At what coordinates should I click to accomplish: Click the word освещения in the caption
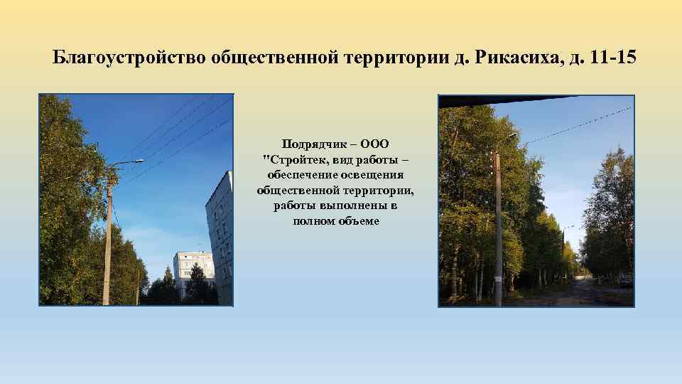pyautogui.click(x=370, y=176)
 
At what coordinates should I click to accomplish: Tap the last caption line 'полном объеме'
pyautogui.click(x=336, y=221)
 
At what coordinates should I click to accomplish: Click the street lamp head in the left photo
pyautogui.click(x=135, y=162)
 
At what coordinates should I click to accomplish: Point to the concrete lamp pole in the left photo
pyautogui.click(x=107, y=242)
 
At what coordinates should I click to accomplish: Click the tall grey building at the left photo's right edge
pyautogui.click(x=220, y=235)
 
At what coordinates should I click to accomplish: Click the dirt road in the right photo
pyautogui.click(x=583, y=293)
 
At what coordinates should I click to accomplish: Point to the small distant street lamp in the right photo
pyautogui.click(x=567, y=229)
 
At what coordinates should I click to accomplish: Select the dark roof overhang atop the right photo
pyautogui.click(x=497, y=100)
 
